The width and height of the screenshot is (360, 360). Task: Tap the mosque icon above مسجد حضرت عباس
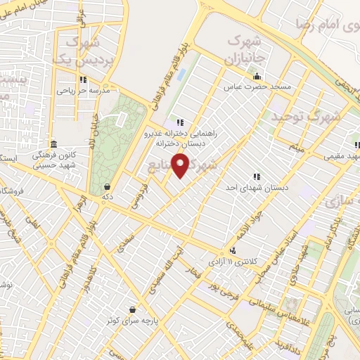coord(257,77)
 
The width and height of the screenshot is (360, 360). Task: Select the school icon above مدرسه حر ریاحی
coord(84,79)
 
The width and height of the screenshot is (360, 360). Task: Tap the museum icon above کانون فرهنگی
coord(54,143)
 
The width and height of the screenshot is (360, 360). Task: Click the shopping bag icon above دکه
coord(107,187)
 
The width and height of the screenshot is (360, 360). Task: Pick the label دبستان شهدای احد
coord(257,187)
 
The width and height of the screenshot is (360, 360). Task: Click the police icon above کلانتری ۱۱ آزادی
coord(233,250)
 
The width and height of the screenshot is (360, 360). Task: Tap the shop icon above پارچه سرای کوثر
coord(133,309)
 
